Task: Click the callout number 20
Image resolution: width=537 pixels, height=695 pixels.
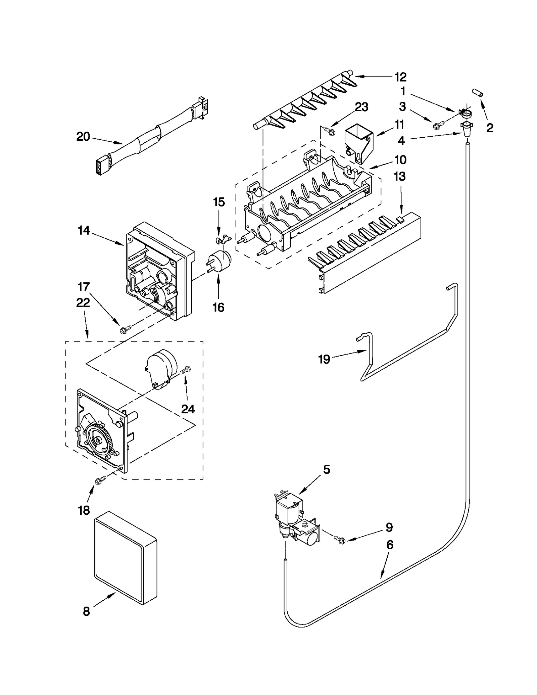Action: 83,137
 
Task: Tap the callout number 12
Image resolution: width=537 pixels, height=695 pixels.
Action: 400,77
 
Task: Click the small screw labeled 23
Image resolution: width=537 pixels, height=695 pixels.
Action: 330,131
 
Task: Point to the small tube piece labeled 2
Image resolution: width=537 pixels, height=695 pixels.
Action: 477,93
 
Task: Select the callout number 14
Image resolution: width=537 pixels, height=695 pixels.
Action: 84,230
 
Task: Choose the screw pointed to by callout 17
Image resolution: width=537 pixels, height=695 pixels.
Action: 124,330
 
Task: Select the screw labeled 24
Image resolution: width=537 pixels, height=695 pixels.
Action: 185,371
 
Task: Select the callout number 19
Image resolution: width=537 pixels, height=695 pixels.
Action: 324,359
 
